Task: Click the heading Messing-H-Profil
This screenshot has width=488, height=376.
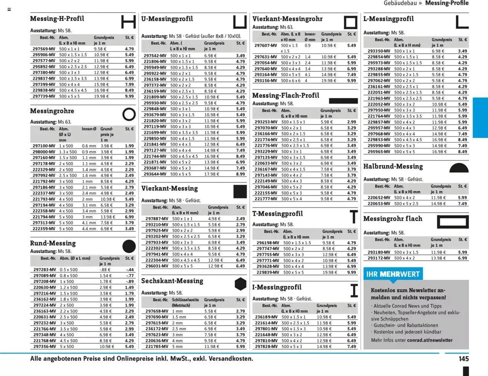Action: pos(57,19)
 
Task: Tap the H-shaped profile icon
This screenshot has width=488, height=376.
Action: pos(128,21)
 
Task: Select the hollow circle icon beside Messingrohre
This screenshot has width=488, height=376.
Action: pos(129,114)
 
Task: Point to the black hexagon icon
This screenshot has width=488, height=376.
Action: pos(240,284)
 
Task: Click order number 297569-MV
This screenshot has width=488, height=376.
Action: pos(44,49)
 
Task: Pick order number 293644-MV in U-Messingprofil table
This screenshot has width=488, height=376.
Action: pos(155,174)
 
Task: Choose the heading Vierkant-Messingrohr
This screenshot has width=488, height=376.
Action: pos(287,19)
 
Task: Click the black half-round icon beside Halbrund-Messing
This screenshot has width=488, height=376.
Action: pos(459,168)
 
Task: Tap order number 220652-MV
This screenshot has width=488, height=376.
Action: pos(379,198)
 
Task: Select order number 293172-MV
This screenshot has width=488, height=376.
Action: pos(379,258)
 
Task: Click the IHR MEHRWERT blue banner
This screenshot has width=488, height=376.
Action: pos(393,274)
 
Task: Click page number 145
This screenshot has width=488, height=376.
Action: pos(464,359)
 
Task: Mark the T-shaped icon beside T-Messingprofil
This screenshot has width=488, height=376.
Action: pos(354,216)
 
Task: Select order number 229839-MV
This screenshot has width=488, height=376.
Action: pos(268,273)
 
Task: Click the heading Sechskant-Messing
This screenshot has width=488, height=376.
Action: pos(172,281)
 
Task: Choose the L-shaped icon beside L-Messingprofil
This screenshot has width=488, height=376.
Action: pos(462,22)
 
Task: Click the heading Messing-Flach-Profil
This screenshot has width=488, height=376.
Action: pos(286,95)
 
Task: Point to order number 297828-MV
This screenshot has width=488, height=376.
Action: pos(266,347)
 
